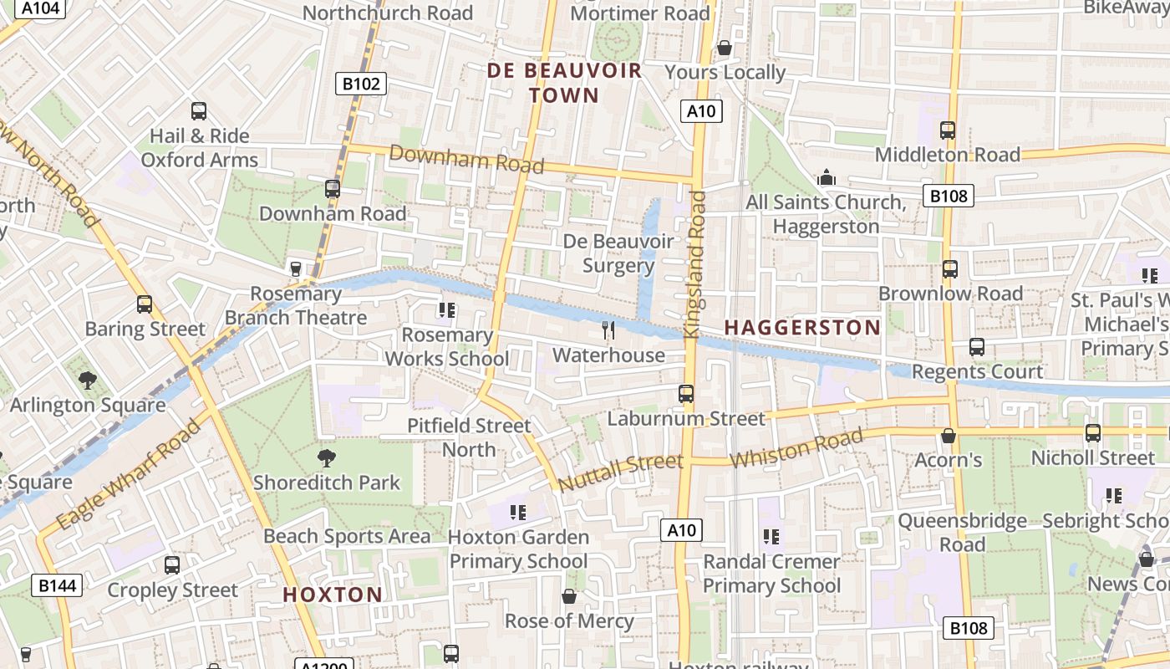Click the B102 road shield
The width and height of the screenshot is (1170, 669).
[x=361, y=84]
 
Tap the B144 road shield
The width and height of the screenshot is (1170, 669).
[x=57, y=585]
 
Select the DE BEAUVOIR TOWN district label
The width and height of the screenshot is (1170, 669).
[x=565, y=82]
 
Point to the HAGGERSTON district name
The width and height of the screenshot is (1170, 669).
[x=802, y=328]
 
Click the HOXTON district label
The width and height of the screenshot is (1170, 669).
[x=333, y=595]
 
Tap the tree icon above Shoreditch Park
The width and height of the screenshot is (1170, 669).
[x=327, y=457]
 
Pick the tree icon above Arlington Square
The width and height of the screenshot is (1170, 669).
[x=88, y=380]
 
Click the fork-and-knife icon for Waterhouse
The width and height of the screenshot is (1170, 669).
[x=608, y=330]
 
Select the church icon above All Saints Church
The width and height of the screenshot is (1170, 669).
[x=827, y=177]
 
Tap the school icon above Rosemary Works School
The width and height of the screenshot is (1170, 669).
[x=446, y=310]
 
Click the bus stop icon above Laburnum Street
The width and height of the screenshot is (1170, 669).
[x=686, y=393]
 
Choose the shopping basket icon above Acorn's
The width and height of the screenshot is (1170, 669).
[x=949, y=436]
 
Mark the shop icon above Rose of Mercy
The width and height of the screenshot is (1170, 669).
[x=569, y=596]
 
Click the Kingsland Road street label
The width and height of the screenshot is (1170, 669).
[x=695, y=264]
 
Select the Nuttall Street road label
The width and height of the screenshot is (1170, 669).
[x=620, y=473]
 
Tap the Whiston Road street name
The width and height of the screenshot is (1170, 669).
[x=796, y=449]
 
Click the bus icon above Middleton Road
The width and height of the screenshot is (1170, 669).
[x=948, y=130]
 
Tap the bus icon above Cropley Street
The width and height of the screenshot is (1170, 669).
[x=172, y=565]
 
